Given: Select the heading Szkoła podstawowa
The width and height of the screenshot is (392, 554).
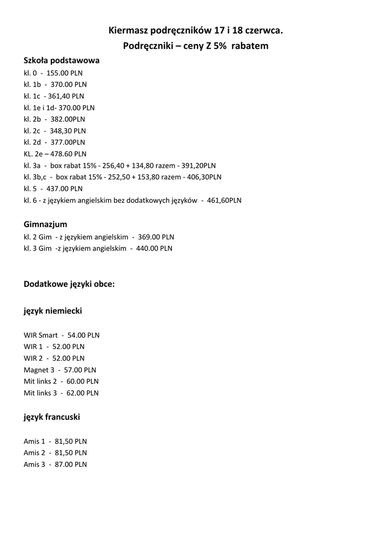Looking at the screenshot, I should pyautogui.click(x=62, y=61).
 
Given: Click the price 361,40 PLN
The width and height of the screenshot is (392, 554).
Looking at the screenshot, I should pyautogui.click(x=66, y=96).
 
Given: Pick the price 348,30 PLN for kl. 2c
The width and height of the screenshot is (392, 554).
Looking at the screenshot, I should pyautogui.click(x=68, y=130).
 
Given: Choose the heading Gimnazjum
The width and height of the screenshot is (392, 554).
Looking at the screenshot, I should pyautogui.click(x=45, y=224).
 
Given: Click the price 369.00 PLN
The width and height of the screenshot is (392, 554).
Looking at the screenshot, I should pyautogui.click(x=156, y=237).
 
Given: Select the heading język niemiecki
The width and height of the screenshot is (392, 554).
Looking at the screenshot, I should pyautogui.click(x=53, y=311).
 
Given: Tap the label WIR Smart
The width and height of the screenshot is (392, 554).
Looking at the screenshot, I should pyautogui.click(x=41, y=335).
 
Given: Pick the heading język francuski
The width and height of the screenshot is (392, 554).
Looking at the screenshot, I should pyautogui.click(x=52, y=417).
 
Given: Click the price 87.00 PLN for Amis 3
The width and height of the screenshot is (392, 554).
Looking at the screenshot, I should pyautogui.click(x=71, y=464).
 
